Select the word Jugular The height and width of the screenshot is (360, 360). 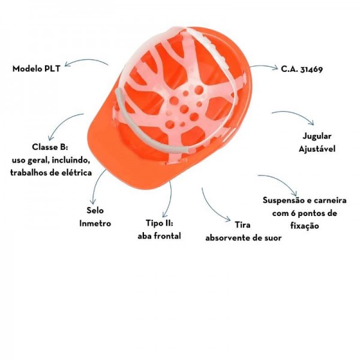317,136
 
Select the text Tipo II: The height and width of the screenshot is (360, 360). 159,223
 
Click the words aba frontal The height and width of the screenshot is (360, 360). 159,236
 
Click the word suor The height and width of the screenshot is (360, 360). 271,238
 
